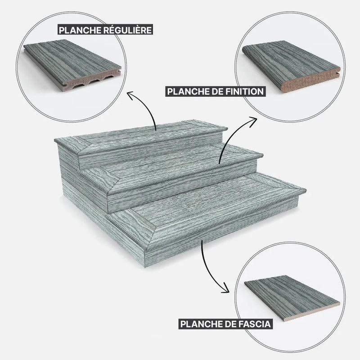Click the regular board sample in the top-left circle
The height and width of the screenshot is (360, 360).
pos(72,65)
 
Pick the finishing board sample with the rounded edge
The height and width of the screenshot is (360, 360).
pos(291,66)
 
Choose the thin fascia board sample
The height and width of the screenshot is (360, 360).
pos(292,298)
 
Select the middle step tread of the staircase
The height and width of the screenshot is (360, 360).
pos(175,170)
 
